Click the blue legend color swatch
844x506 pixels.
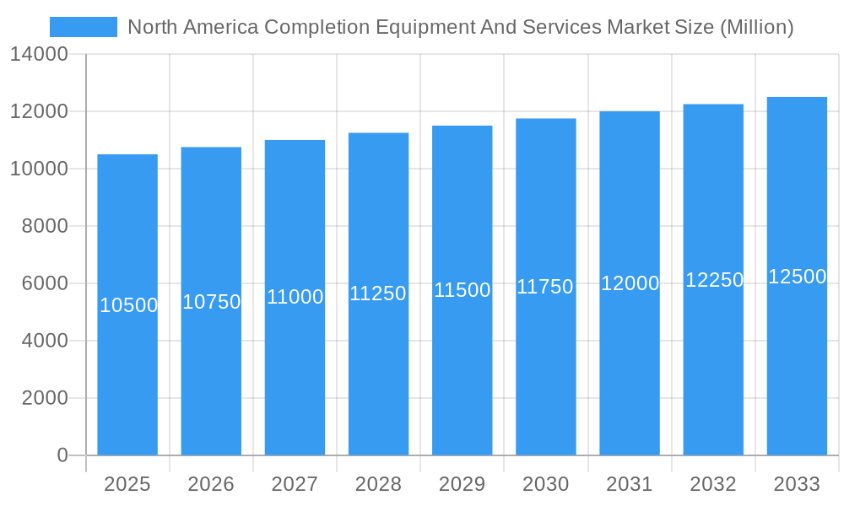click(x=84, y=27)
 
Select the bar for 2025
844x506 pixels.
click(x=127, y=304)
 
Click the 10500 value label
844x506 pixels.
click(x=128, y=305)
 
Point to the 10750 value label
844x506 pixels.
click(x=212, y=302)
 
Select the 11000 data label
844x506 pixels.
click(x=295, y=297)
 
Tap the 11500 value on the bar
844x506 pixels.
click(x=463, y=290)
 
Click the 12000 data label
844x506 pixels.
click(x=630, y=283)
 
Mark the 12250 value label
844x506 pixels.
click(x=714, y=280)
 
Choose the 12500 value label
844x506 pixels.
click(x=797, y=277)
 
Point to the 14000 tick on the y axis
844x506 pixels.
click(x=39, y=54)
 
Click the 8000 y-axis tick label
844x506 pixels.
click(x=45, y=226)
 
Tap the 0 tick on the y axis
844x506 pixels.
click(x=62, y=455)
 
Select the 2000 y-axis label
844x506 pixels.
click(x=45, y=398)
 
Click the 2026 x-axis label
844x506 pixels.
click(x=211, y=484)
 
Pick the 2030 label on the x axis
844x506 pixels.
click(x=546, y=484)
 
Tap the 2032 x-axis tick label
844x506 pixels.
click(x=713, y=484)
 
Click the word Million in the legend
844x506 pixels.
click(x=755, y=27)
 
